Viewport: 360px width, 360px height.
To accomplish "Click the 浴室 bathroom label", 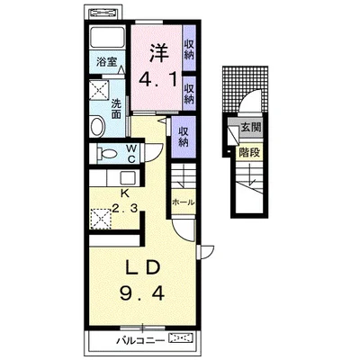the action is click(x=106, y=62).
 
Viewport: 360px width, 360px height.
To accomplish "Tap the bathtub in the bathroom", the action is click(x=107, y=37).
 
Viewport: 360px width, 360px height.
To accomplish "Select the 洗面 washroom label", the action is click(x=116, y=109).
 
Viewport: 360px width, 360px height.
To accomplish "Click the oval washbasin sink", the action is click(x=97, y=126).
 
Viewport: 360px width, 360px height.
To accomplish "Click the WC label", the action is click(x=131, y=153).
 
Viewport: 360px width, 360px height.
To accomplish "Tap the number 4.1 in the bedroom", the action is click(x=157, y=79).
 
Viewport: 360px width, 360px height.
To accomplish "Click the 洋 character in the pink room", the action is click(x=158, y=53).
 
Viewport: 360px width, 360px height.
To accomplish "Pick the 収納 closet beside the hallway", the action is click(x=184, y=137).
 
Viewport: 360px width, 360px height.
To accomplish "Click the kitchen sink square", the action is click(x=128, y=178).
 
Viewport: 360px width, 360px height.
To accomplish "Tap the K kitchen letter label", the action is click(x=124, y=193).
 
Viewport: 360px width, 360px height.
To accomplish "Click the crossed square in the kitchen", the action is click(x=100, y=219).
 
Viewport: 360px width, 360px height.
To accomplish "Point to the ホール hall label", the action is click(x=184, y=202).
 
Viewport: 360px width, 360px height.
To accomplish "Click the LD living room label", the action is click(x=141, y=268).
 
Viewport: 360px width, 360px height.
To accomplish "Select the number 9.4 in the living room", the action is click(x=142, y=293).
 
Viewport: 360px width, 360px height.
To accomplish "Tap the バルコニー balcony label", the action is click(x=140, y=340).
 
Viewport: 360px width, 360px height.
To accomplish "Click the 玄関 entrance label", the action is click(x=251, y=127).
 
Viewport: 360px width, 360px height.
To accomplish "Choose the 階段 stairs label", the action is click(x=249, y=153).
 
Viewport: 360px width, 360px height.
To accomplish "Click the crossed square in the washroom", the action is click(x=100, y=89).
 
